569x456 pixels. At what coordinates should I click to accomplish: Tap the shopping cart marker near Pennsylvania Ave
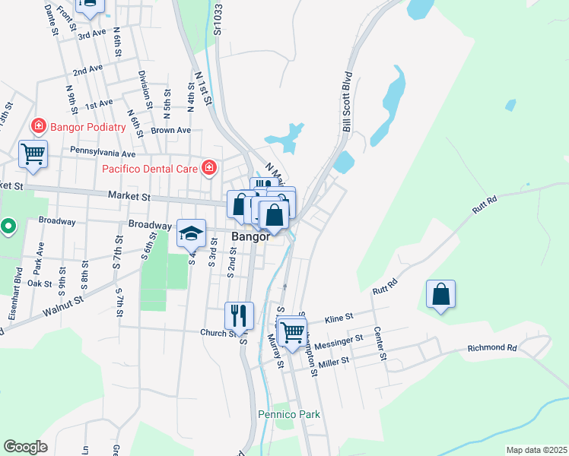click(x=33, y=154)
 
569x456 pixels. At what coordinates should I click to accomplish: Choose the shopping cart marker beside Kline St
click(x=292, y=331)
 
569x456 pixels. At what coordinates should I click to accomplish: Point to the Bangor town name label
click(x=251, y=236)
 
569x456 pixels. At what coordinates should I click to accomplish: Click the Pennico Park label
click(x=288, y=414)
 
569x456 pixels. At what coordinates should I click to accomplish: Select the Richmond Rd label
click(x=491, y=348)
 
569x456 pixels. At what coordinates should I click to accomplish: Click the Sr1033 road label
click(x=218, y=18)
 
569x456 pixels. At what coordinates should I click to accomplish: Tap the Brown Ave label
click(x=170, y=130)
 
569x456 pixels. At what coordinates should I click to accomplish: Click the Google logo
click(x=25, y=447)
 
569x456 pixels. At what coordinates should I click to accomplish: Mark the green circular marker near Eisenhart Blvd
click(x=8, y=226)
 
